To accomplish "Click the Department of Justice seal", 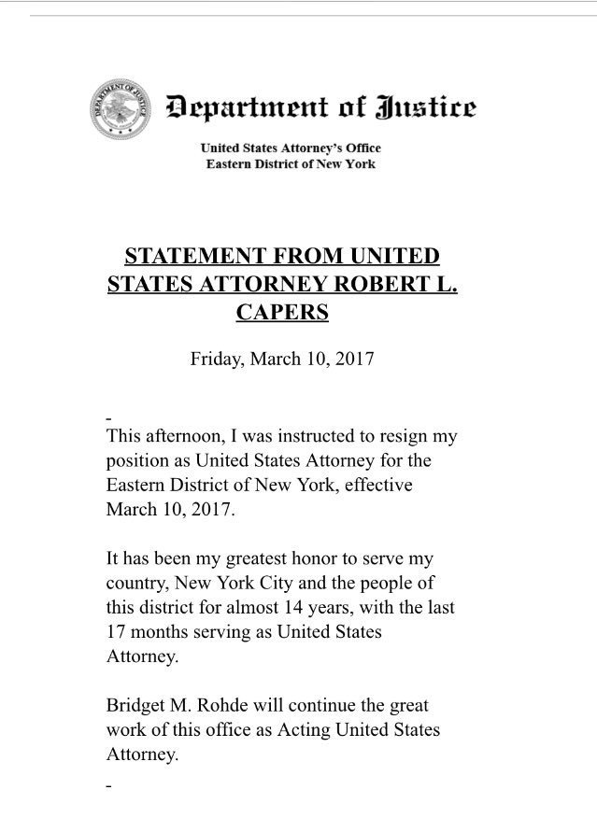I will click(119, 110).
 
